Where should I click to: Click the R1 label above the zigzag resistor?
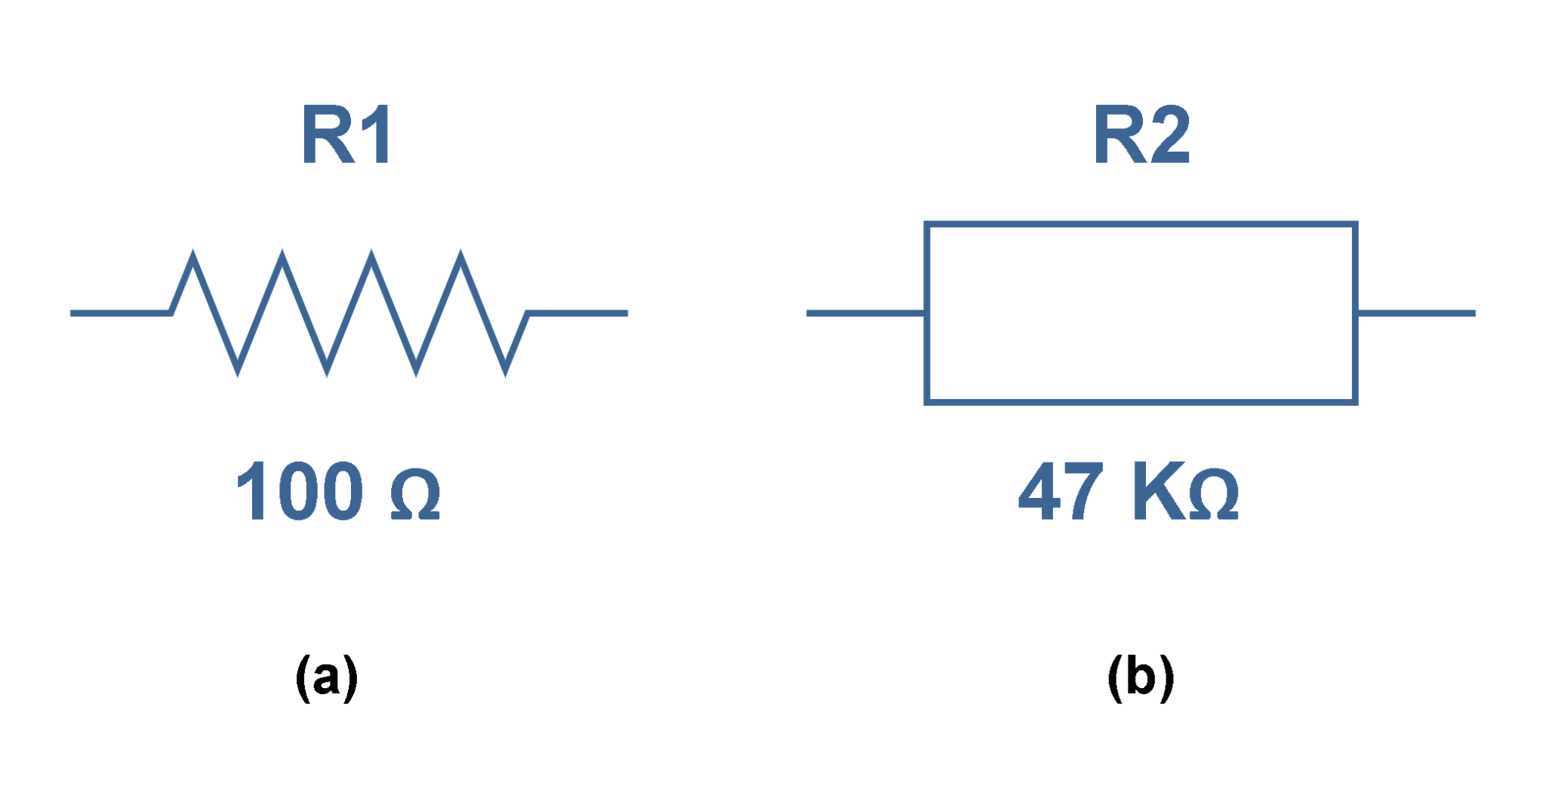[346, 136]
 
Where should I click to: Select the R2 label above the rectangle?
[1141, 136]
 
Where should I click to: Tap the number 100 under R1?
[299, 491]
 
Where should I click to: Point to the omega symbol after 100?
[415, 495]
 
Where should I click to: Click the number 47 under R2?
[1061, 493]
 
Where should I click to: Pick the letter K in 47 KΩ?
[1159, 493]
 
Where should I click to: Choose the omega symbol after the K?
[1213, 495]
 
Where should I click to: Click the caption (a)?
[326, 677]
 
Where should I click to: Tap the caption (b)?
[1141, 677]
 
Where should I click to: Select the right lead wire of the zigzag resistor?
[577, 313]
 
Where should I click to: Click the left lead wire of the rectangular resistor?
[865, 313]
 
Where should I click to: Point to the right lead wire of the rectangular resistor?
[1416, 313]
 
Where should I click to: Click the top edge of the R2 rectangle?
[1141, 224]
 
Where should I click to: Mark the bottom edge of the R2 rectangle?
[1141, 402]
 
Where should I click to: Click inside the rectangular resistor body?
[1141, 313]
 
